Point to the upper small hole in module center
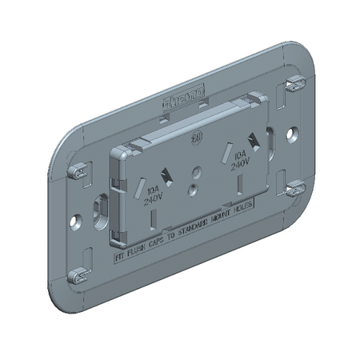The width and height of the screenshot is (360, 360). pos(196,170)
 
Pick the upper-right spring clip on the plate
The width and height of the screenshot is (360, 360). pos(294,82)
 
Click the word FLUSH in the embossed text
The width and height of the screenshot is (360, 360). pos(135,251)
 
